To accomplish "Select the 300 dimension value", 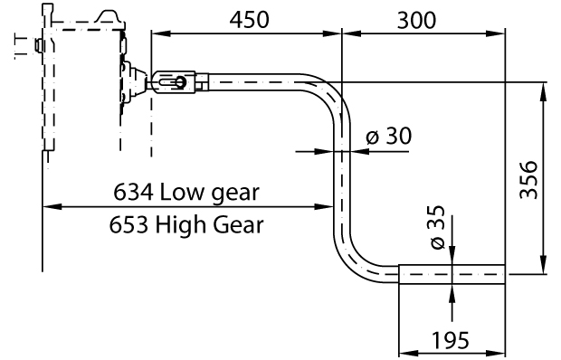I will tap(415, 19).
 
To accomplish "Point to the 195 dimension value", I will tap(450, 340).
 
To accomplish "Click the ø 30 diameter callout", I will tap(388, 137).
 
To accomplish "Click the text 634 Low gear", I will tap(186, 192).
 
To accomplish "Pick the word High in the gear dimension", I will tap(185, 223).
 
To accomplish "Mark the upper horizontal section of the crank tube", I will tap(262, 83).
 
